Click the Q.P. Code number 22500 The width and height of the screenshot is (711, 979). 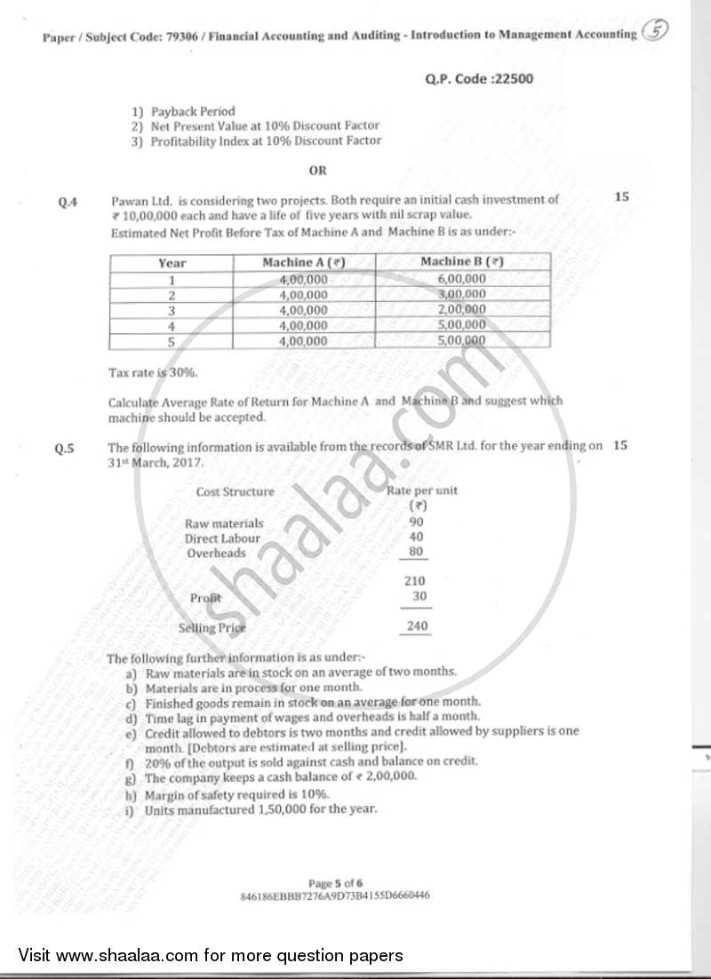tap(515, 78)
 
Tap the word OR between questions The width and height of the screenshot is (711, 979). tap(317, 170)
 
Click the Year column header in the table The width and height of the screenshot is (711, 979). tap(172, 263)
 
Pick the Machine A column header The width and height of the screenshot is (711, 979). tap(303, 263)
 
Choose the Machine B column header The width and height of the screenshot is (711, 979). tap(462, 262)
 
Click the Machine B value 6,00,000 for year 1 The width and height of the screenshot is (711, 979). tap(462, 279)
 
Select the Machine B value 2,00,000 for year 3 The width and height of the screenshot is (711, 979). tap(462, 310)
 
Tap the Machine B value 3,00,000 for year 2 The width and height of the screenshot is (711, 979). tap(462, 294)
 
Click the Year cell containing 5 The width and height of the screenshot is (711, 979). tap(172, 341)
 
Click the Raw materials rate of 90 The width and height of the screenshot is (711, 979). tap(416, 522)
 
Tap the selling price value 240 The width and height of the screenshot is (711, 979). tap(416, 626)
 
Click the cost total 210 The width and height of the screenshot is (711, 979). tap(415, 582)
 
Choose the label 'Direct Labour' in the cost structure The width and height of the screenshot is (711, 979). tap(222, 538)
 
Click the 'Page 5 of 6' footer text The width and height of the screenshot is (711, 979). tap(336, 883)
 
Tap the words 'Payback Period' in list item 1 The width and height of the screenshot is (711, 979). tap(193, 112)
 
